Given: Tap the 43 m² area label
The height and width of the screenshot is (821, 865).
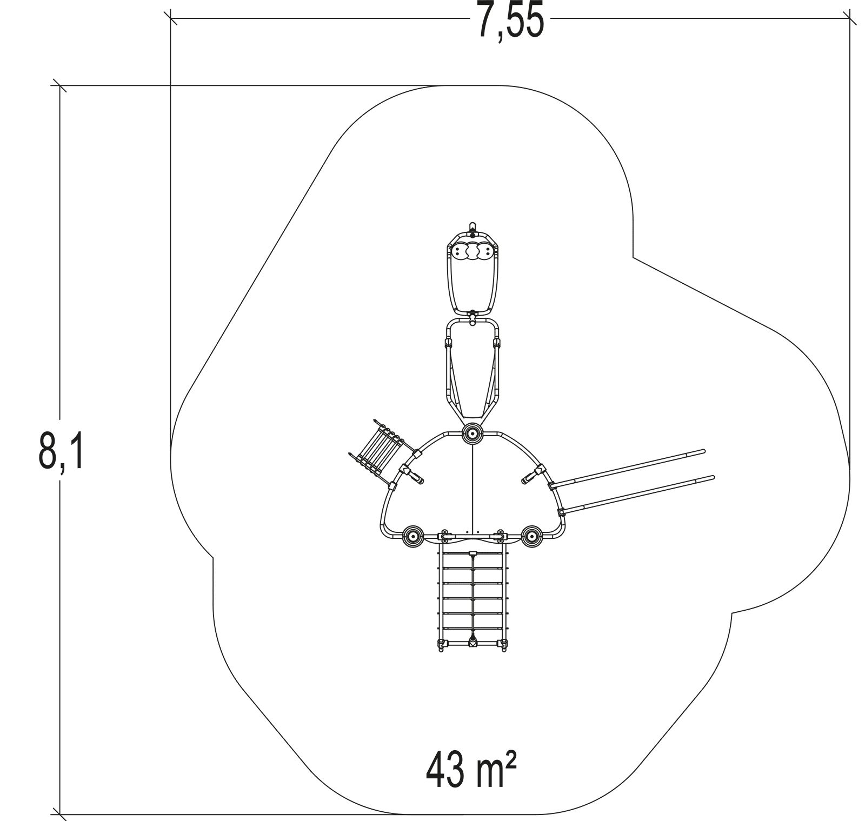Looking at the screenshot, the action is tap(471, 770).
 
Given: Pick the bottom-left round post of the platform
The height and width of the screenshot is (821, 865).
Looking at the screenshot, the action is tap(413, 536).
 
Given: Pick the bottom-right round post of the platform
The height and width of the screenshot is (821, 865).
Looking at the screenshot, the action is tap(532, 536).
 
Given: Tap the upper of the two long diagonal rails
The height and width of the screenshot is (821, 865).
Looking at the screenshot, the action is tap(627, 469).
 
